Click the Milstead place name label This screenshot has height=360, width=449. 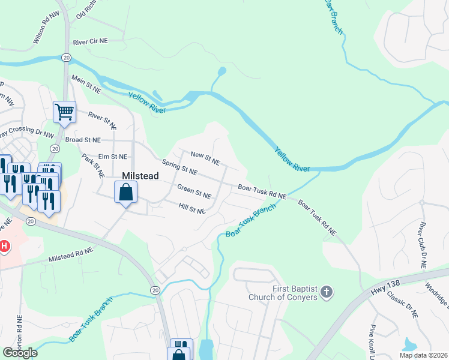(x=141, y=175)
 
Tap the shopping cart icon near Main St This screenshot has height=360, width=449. (x=64, y=112)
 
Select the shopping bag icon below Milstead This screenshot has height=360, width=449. (x=125, y=193)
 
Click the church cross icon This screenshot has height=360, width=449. (x=326, y=292)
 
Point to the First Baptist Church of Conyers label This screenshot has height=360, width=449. (x=295, y=293)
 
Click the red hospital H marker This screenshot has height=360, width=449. (x=4, y=246)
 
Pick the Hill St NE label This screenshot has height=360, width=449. (x=192, y=208)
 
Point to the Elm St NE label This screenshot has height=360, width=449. (x=113, y=157)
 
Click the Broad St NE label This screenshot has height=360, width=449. (x=82, y=140)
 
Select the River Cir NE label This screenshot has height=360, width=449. (x=90, y=43)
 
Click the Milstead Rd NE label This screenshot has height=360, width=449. (x=71, y=255)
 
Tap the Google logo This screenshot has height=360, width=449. (x=20, y=353)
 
